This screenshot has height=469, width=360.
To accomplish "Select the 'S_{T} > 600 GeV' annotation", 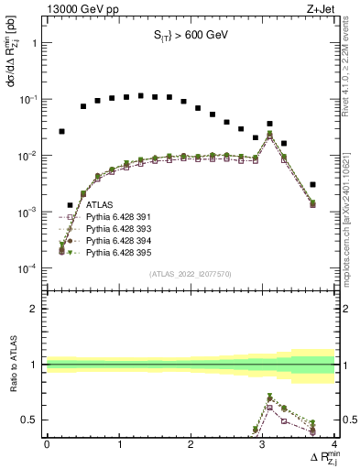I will [190, 36].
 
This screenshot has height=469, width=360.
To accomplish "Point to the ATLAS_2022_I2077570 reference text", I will [190, 273].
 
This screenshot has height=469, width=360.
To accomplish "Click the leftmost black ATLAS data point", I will [61, 131].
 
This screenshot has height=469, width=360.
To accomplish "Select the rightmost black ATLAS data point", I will [313, 184].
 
